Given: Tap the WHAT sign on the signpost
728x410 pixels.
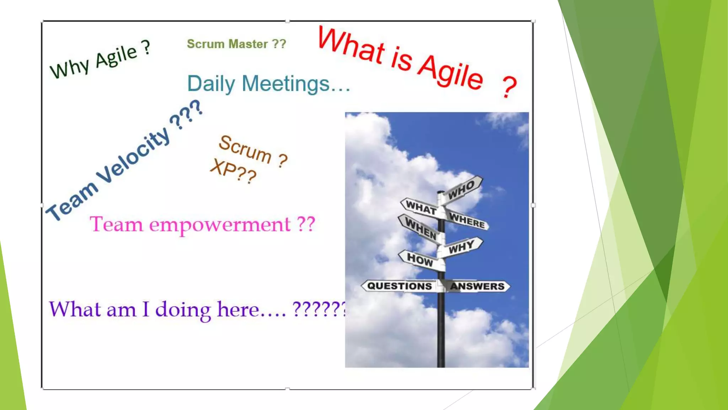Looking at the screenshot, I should coord(421,207).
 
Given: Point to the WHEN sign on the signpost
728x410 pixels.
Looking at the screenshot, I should coord(421,229).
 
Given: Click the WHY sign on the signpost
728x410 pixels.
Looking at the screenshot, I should coord(461,247).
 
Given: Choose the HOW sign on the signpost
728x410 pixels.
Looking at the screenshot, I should coord(420,259).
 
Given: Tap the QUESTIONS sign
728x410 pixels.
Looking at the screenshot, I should coord(399,286).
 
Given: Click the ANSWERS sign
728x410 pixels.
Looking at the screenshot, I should coord(477,286).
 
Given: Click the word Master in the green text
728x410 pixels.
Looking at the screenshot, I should coord(248,44).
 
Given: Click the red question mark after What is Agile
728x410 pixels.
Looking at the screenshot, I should coord(509,87).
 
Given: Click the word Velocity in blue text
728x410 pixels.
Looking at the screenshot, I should coord(133,155).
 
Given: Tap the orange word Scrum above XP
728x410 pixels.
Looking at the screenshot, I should coord(245,149).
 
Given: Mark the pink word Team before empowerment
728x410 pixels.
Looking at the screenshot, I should coord(116,224).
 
